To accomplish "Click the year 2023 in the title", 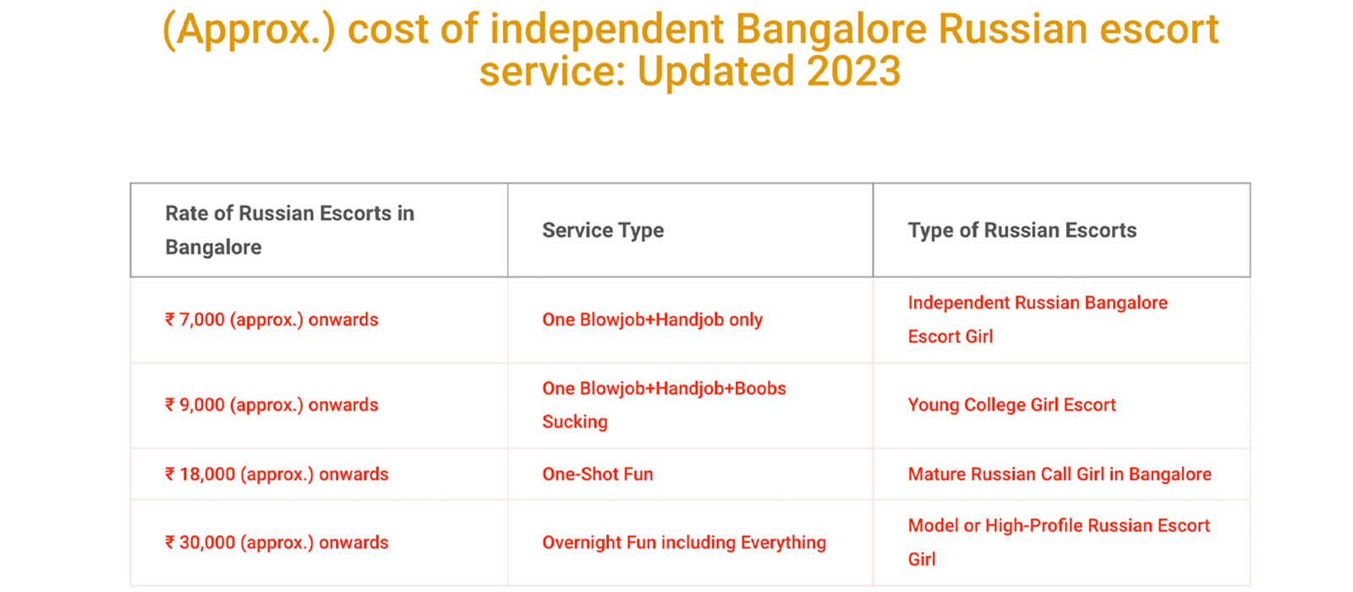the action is [853, 71].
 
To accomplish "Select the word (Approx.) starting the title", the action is [249, 30].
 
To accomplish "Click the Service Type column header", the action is [603, 230].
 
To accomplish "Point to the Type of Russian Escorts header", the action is [1022, 230].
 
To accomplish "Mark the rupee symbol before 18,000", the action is [170, 474].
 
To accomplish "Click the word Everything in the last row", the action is [783, 542].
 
